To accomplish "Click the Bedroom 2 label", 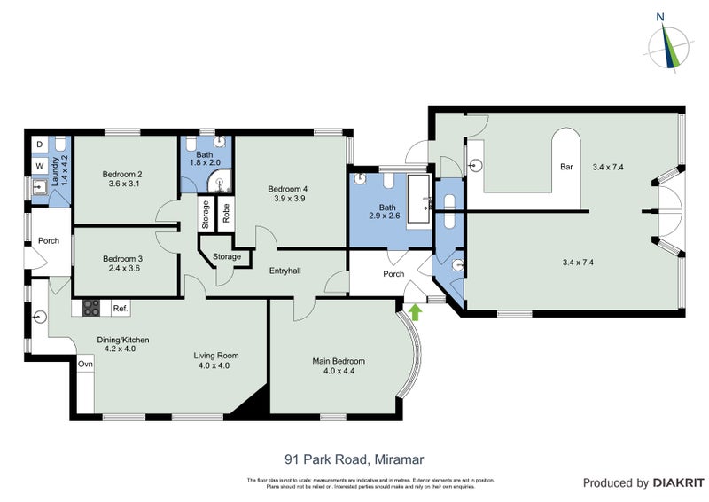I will pyautogui.click(x=122, y=178).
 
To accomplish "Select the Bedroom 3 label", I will pyautogui.click(x=122, y=263).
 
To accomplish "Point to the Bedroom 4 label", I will pyautogui.click(x=288, y=193).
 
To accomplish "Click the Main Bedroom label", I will pyautogui.click(x=339, y=366).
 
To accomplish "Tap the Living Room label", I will pyautogui.click(x=217, y=360).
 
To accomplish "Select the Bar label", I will pyautogui.click(x=565, y=167).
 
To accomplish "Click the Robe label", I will pyautogui.click(x=226, y=213).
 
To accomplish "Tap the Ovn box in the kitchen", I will pyautogui.click(x=85, y=365).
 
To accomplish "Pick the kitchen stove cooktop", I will pyautogui.click(x=92, y=309).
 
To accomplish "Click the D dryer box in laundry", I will pyautogui.click(x=39, y=144).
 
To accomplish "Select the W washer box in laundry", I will pyautogui.click(x=39, y=165).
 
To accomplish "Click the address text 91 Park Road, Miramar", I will pyautogui.click(x=354, y=459).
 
